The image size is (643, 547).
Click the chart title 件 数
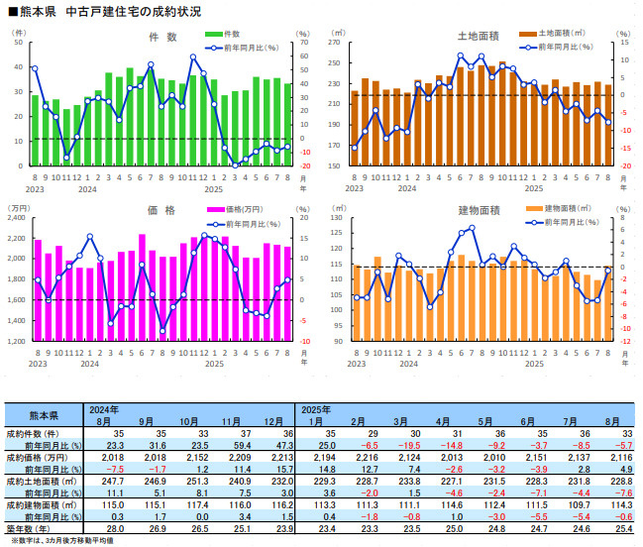(162, 37)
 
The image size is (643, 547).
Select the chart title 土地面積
(478, 37)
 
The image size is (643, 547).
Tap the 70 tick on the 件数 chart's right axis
(304, 44)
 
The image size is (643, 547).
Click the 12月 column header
(280, 420)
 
